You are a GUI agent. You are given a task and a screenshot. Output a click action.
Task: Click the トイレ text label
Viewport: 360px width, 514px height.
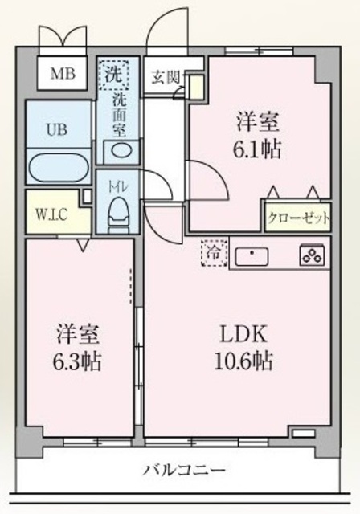[119, 186]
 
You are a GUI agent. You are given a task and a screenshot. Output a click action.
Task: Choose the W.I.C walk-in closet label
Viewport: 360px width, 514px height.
[51, 214]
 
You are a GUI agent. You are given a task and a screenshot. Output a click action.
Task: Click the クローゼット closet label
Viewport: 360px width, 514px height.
[297, 218]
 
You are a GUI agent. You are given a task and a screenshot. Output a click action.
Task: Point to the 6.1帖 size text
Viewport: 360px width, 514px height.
[258, 150]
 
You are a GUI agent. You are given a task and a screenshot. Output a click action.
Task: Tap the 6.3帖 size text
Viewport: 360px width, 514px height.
[78, 361]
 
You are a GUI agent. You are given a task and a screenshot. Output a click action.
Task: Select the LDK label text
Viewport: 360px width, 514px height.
[237, 334]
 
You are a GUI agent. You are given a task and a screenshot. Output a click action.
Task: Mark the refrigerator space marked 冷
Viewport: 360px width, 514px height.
[213, 252]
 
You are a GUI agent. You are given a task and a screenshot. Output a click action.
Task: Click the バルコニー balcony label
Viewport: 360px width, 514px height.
[185, 470]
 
